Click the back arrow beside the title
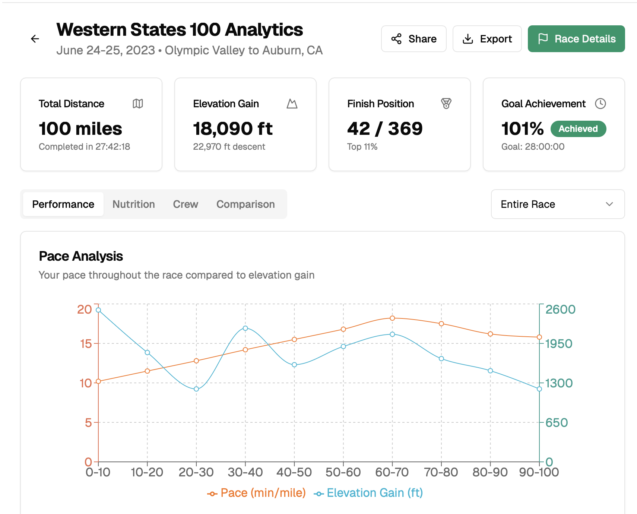click(x=35, y=39)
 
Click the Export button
click(x=487, y=39)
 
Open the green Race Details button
click(x=576, y=39)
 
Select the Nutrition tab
click(x=133, y=204)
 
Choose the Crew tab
click(x=185, y=204)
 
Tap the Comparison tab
click(x=245, y=204)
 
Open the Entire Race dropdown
click(x=557, y=204)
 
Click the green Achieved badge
click(x=578, y=129)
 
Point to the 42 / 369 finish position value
click(x=384, y=129)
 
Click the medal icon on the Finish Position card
click(x=446, y=104)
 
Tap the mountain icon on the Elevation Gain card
click(x=292, y=104)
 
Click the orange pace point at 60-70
click(x=392, y=318)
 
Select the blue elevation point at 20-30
click(x=196, y=389)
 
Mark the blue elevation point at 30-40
click(x=245, y=328)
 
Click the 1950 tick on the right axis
click(x=558, y=343)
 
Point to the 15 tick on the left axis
click(x=86, y=343)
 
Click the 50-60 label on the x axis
click(x=343, y=472)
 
